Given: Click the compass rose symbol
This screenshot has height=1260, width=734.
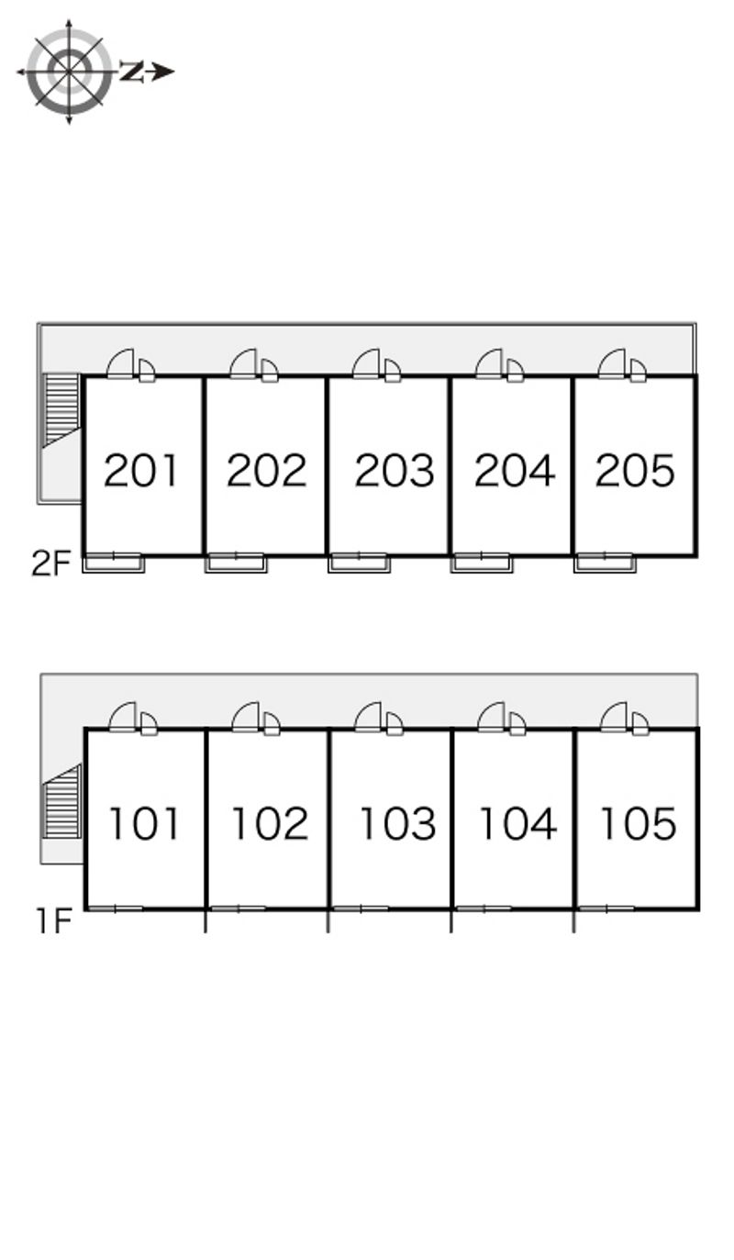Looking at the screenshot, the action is (69, 72).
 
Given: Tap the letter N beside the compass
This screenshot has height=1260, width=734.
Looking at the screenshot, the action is (131, 72).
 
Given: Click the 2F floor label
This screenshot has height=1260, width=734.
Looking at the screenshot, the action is (51, 563).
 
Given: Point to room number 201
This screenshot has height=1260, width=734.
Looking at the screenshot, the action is (141, 470).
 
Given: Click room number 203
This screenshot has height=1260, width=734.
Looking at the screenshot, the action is (395, 470).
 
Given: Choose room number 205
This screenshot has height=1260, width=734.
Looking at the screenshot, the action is (635, 470).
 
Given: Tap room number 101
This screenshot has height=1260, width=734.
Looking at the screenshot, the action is (144, 823).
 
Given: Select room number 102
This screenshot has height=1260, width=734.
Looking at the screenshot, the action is (270, 823).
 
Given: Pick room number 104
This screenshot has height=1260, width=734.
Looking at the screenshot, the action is (517, 823).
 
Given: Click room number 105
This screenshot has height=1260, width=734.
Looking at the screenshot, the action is (639, 823).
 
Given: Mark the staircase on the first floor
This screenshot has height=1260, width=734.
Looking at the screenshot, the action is (62, 801).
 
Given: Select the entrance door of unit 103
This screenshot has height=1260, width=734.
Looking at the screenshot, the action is (370, 716).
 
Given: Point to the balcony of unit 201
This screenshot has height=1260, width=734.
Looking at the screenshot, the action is (114, 563).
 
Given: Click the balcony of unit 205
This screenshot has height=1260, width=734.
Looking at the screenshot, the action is (606, 563).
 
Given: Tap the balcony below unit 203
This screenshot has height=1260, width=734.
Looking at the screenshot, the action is (360, 563).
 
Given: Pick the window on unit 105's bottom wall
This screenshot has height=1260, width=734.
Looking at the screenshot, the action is (606, 908).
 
